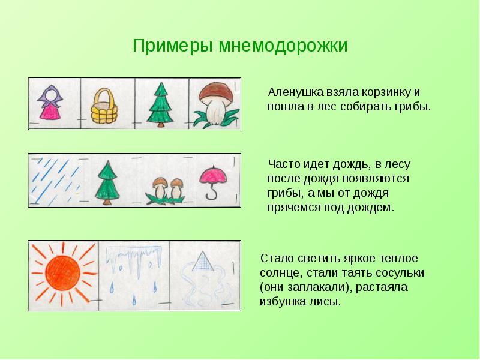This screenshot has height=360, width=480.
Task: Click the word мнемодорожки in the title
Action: tap(283, 46)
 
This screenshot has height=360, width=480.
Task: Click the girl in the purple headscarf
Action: tap(50, 102)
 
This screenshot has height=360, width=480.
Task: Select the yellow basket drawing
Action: tap(104, 106)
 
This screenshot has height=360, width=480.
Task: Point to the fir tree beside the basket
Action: tap(160, 105)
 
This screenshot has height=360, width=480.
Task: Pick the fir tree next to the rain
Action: tap(107, 183)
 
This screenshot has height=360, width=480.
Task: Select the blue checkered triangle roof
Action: tap(203, 262)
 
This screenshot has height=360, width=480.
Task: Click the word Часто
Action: tap(284, 164)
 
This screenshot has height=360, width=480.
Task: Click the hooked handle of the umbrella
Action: tap(212, 194)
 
